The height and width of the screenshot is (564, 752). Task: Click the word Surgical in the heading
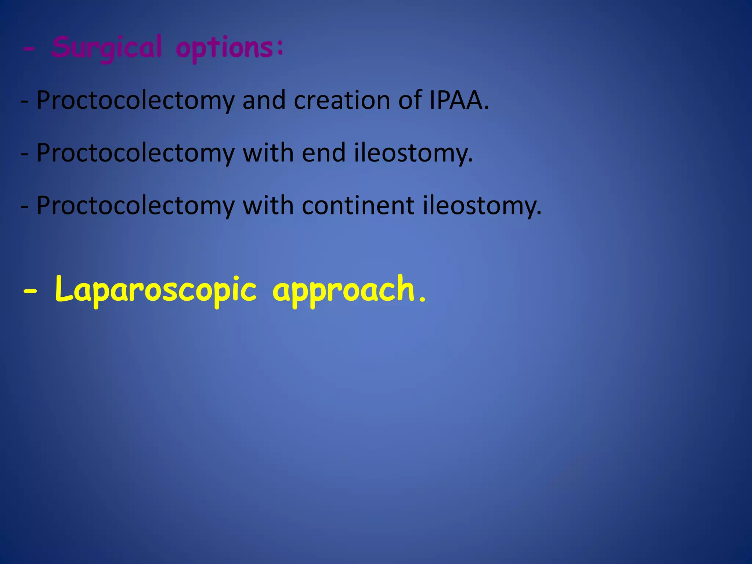pyautogui.click(x=106, y=48)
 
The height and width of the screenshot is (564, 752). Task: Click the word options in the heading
pyautogui.click(x=224, y=48)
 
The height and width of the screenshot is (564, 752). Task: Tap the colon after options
pyautogui.click(x=281, y=48)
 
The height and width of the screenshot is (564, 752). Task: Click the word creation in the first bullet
pyautogui.click(x=342, y=100)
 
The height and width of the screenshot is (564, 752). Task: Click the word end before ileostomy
pyautogui.click(x=323, y=153)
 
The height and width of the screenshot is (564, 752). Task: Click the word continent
pyautogui.click(x=358, y=205)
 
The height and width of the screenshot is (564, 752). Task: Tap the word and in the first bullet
pyautogui.click(x=264, y=100)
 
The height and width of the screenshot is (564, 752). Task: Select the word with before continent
pyautogui.click(x=268, y=205)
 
